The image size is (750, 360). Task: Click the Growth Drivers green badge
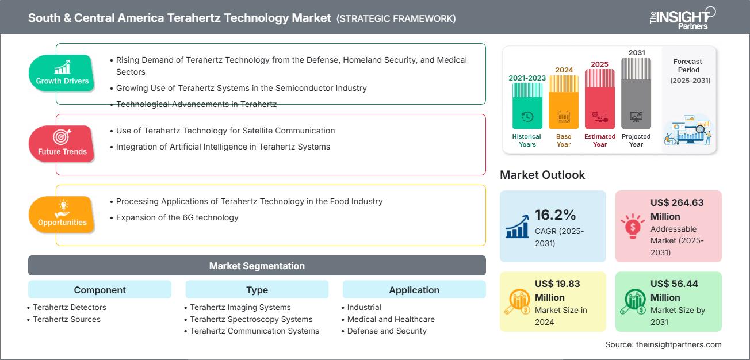pyautogui.click(x=62, y=73)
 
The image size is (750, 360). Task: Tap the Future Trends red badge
pyautogui.click(x=62, y=144)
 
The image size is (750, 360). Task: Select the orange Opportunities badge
pyautogui.click(x=62, y=215)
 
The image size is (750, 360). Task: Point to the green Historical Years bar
pyautogui.click(x=527, y=105)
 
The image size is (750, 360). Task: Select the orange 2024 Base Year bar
pyautogui.click(x=564, y=102)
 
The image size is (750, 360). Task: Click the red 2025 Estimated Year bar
pyautogui.click(x=600, y=99)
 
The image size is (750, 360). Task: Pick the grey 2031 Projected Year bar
pyautogui.click(x=636, y=93)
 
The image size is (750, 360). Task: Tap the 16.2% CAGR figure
pyautogui.click(x=555, y=215)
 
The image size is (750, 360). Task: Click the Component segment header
pyautogui.click(x=100, y=290)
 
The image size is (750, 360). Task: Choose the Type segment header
pyautogui.click(x=257, y=290)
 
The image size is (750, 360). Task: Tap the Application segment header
pyautogui.click(x=414, y=290)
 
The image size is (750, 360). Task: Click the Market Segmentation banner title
pyautogui.click(x=257, y=266)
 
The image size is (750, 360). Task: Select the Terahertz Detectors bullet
pyautogui.click(x=67, y=307)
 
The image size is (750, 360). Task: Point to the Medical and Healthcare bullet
pyautogui.click(x=388, y=319)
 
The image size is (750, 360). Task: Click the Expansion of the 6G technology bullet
pyautogui.click(x=174, y=217)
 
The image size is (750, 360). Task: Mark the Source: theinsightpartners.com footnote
pyautogui.click(x=663, y=344)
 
